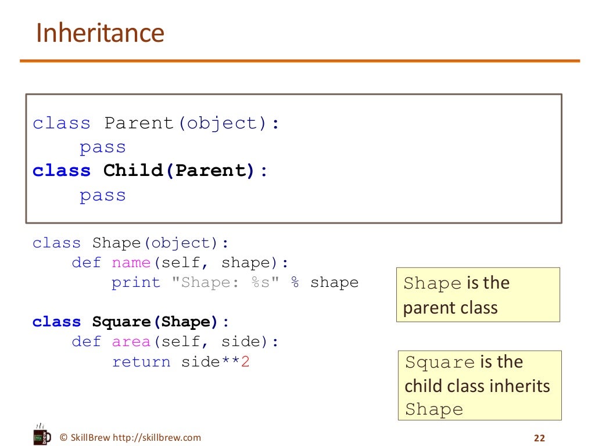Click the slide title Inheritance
(x=100, y=33)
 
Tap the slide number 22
(x=539, y=438)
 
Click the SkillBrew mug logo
(x=40, y=434)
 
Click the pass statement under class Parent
(x=102, y=148)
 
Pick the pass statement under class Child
(x=102, y=195)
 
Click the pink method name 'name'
(x=131, y=262)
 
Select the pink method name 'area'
(x=131, y=342)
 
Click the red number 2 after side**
(x=245, y=362)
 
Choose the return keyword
(x=141, y=362)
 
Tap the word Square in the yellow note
(x=439, y=362)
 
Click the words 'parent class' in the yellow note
(x=450, y=307)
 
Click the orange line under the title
(x=300, y=60)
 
